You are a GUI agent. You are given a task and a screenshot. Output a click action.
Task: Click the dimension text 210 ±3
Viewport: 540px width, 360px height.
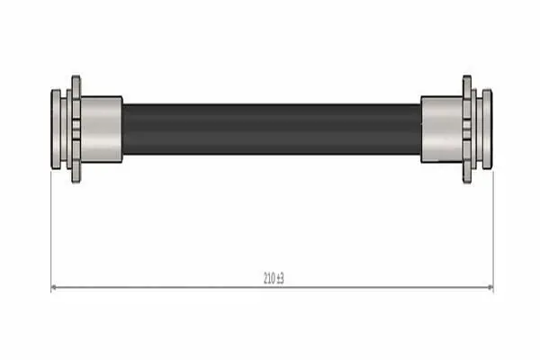click(x=274, y=278)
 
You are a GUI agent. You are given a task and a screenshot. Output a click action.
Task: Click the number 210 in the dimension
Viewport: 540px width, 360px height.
click(x=269, y=278)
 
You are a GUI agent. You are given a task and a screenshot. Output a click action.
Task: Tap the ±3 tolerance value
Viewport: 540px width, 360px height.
click(x=280, y=278)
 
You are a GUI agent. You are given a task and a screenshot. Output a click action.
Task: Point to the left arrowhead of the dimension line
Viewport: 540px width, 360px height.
click(x=54, y=287)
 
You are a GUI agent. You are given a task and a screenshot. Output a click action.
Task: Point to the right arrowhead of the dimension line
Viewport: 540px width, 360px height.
click(x=490, y=287)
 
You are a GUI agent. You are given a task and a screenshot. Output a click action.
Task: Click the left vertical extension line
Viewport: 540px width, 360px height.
click(x=51, y=231)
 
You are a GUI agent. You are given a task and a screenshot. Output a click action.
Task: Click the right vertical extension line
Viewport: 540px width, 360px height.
click(x=493, y=231)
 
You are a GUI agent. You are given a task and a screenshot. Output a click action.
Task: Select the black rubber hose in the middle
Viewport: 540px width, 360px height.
click(x=272, y=130)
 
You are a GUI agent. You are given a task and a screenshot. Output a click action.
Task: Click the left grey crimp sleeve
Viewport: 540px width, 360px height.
click(x=101, y=130)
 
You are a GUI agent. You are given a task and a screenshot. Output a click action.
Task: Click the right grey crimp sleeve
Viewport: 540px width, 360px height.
click(x=442, y=130)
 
